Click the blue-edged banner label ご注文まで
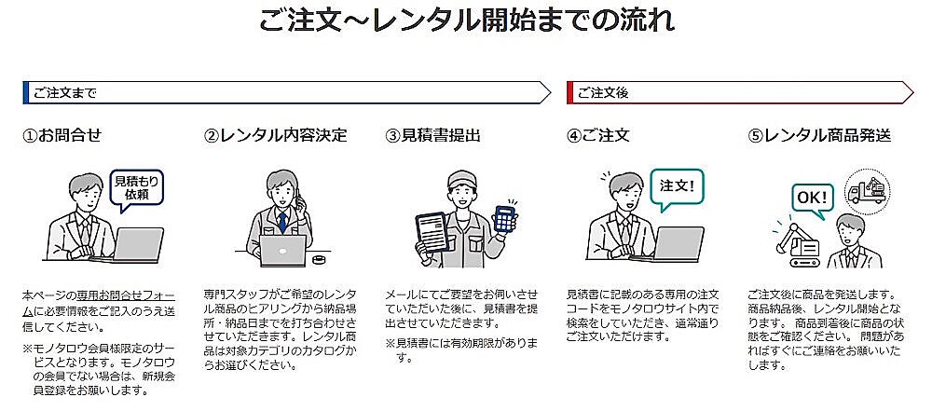(x=65, y=93)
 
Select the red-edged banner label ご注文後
(x=602, y=93)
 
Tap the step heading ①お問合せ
(x=62, y=136)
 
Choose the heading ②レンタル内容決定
(x=275, y=136)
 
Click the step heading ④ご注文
(x=598, y=136)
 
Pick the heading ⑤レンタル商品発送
(x=819, y=136)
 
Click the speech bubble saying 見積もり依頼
(x=136, y=189)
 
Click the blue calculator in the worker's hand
(x=504, y=219)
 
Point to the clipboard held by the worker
(x=432, y=233)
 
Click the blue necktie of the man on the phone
(x=282, y=221)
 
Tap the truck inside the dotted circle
(x=867, y=189)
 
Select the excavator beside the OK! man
(x=799, y=245)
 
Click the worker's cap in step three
(x=462, y=178)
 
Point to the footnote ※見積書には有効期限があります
(x=462, y=350)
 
